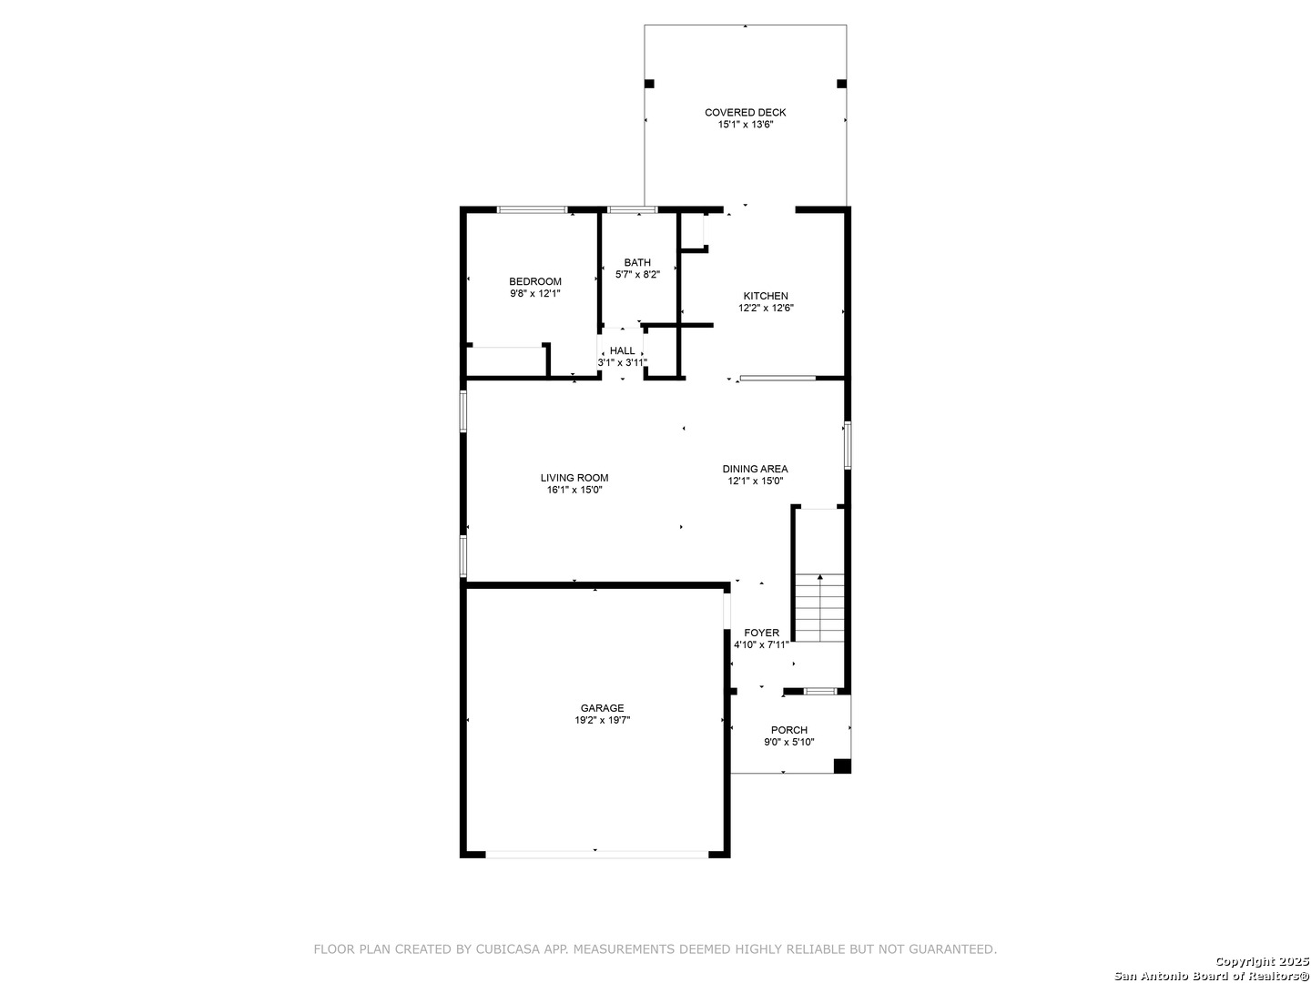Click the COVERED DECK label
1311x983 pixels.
click(x=745, y=112)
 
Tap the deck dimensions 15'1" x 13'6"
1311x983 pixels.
click(x=745, y=125)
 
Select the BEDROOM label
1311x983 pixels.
click(x=534, y=281)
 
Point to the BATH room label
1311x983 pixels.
click(x=637, y=263)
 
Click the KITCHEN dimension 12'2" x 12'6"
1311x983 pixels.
click(x=766, y=308)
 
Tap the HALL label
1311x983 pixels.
click(x=622, y=351)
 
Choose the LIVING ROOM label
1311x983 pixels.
click(x=574, y=478)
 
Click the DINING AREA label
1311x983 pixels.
click(x=755, y=469)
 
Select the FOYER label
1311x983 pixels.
click(x=761, y=633)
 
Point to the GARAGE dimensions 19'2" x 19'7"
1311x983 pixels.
click(x=602, y=720)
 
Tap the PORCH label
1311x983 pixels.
click(x=788, y=730)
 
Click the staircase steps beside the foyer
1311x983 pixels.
click(x=819, y=608)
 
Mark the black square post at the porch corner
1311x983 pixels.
click(x=841, y=765)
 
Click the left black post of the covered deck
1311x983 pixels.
click(x=649, y=84)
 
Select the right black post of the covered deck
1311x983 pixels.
click(x=841, y=84)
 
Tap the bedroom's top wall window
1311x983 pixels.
click(x=532, y=209)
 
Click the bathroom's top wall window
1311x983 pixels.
click(x=632, y=209)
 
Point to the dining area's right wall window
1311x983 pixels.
click(x=847, y=445)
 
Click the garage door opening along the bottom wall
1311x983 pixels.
click(x=596, y=855)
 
